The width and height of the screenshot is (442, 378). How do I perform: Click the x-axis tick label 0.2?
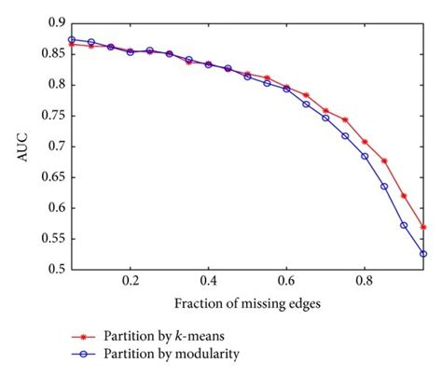(x=131, y=283)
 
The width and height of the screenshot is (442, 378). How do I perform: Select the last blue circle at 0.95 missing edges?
(x=423, y=253)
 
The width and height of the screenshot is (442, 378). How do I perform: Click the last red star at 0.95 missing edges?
(x=423, y=227)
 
